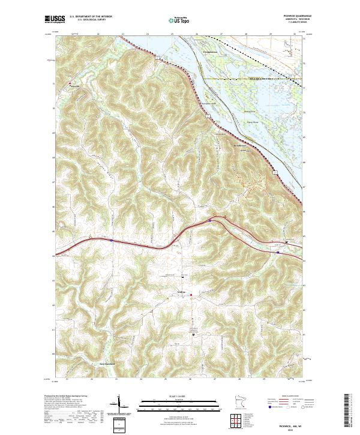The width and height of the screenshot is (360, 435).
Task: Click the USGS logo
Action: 55,19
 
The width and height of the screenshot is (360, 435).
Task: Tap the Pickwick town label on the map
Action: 71,86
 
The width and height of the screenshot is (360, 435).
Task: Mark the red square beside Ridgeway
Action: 191,295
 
